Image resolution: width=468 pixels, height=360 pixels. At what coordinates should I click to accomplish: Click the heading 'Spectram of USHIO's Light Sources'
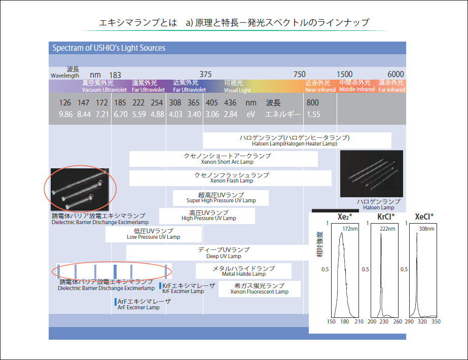tap(109, 48)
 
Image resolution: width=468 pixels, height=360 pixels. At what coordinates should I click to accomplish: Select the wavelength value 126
tap(65, 103)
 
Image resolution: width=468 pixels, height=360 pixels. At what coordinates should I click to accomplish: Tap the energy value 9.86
tap(65, 114)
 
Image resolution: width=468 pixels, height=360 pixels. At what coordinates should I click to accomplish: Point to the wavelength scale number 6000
tap(395, 74)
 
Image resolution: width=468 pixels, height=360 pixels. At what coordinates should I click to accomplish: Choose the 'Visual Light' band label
tap(237, 90)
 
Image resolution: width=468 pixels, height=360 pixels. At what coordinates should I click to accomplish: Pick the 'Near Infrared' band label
tap(320, 90)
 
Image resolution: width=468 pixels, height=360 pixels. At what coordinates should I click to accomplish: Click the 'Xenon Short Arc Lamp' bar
tap(223, 159)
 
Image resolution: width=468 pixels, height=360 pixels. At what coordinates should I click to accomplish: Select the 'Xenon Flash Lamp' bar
tap(230, 178)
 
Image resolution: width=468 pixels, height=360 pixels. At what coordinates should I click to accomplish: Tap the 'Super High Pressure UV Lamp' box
tap(221, 198)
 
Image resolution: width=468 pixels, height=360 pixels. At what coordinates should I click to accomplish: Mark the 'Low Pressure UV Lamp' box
tap(153, 234)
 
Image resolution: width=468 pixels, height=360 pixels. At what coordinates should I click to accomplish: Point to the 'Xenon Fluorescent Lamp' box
tap(259, 289)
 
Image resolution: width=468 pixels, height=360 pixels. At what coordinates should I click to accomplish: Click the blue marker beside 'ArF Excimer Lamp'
tap(116, 302)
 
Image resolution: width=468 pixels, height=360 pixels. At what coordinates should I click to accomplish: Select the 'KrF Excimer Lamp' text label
tap(183, 292)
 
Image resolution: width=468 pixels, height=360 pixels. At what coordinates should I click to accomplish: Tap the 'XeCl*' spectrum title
tap(424, 217)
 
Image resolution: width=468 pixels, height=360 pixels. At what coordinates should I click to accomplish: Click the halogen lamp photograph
tap(371, 174)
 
